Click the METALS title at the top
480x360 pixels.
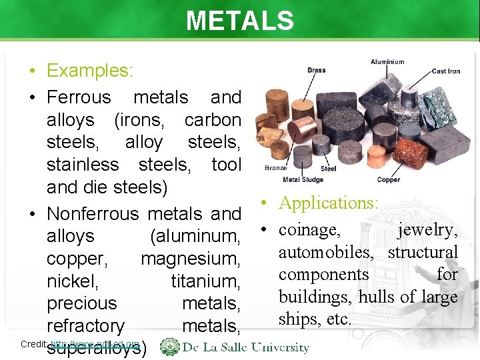coord(240,21)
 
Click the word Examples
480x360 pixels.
coord(90,71)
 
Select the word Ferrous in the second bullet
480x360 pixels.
coord(79,97)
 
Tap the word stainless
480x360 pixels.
coord(83,164)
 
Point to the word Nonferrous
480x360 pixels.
coord(93,214)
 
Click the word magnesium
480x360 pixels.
coord(191,259)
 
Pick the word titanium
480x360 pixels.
coord(205,281)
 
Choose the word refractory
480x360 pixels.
coord(85,326)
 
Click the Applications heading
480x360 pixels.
coord(329,203)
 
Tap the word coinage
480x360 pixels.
coord(310,230)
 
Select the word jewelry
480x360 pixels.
coord(427,230)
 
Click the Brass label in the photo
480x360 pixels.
coord(317,70)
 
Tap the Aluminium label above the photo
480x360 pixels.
coord(387,62)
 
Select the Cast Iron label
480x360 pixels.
coord(446,71)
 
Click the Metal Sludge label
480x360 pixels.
coord(304,180)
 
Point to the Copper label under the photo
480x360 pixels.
coord(388,180)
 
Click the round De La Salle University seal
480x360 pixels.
coord(170,347)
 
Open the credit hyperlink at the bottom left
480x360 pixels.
coord(95,344)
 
